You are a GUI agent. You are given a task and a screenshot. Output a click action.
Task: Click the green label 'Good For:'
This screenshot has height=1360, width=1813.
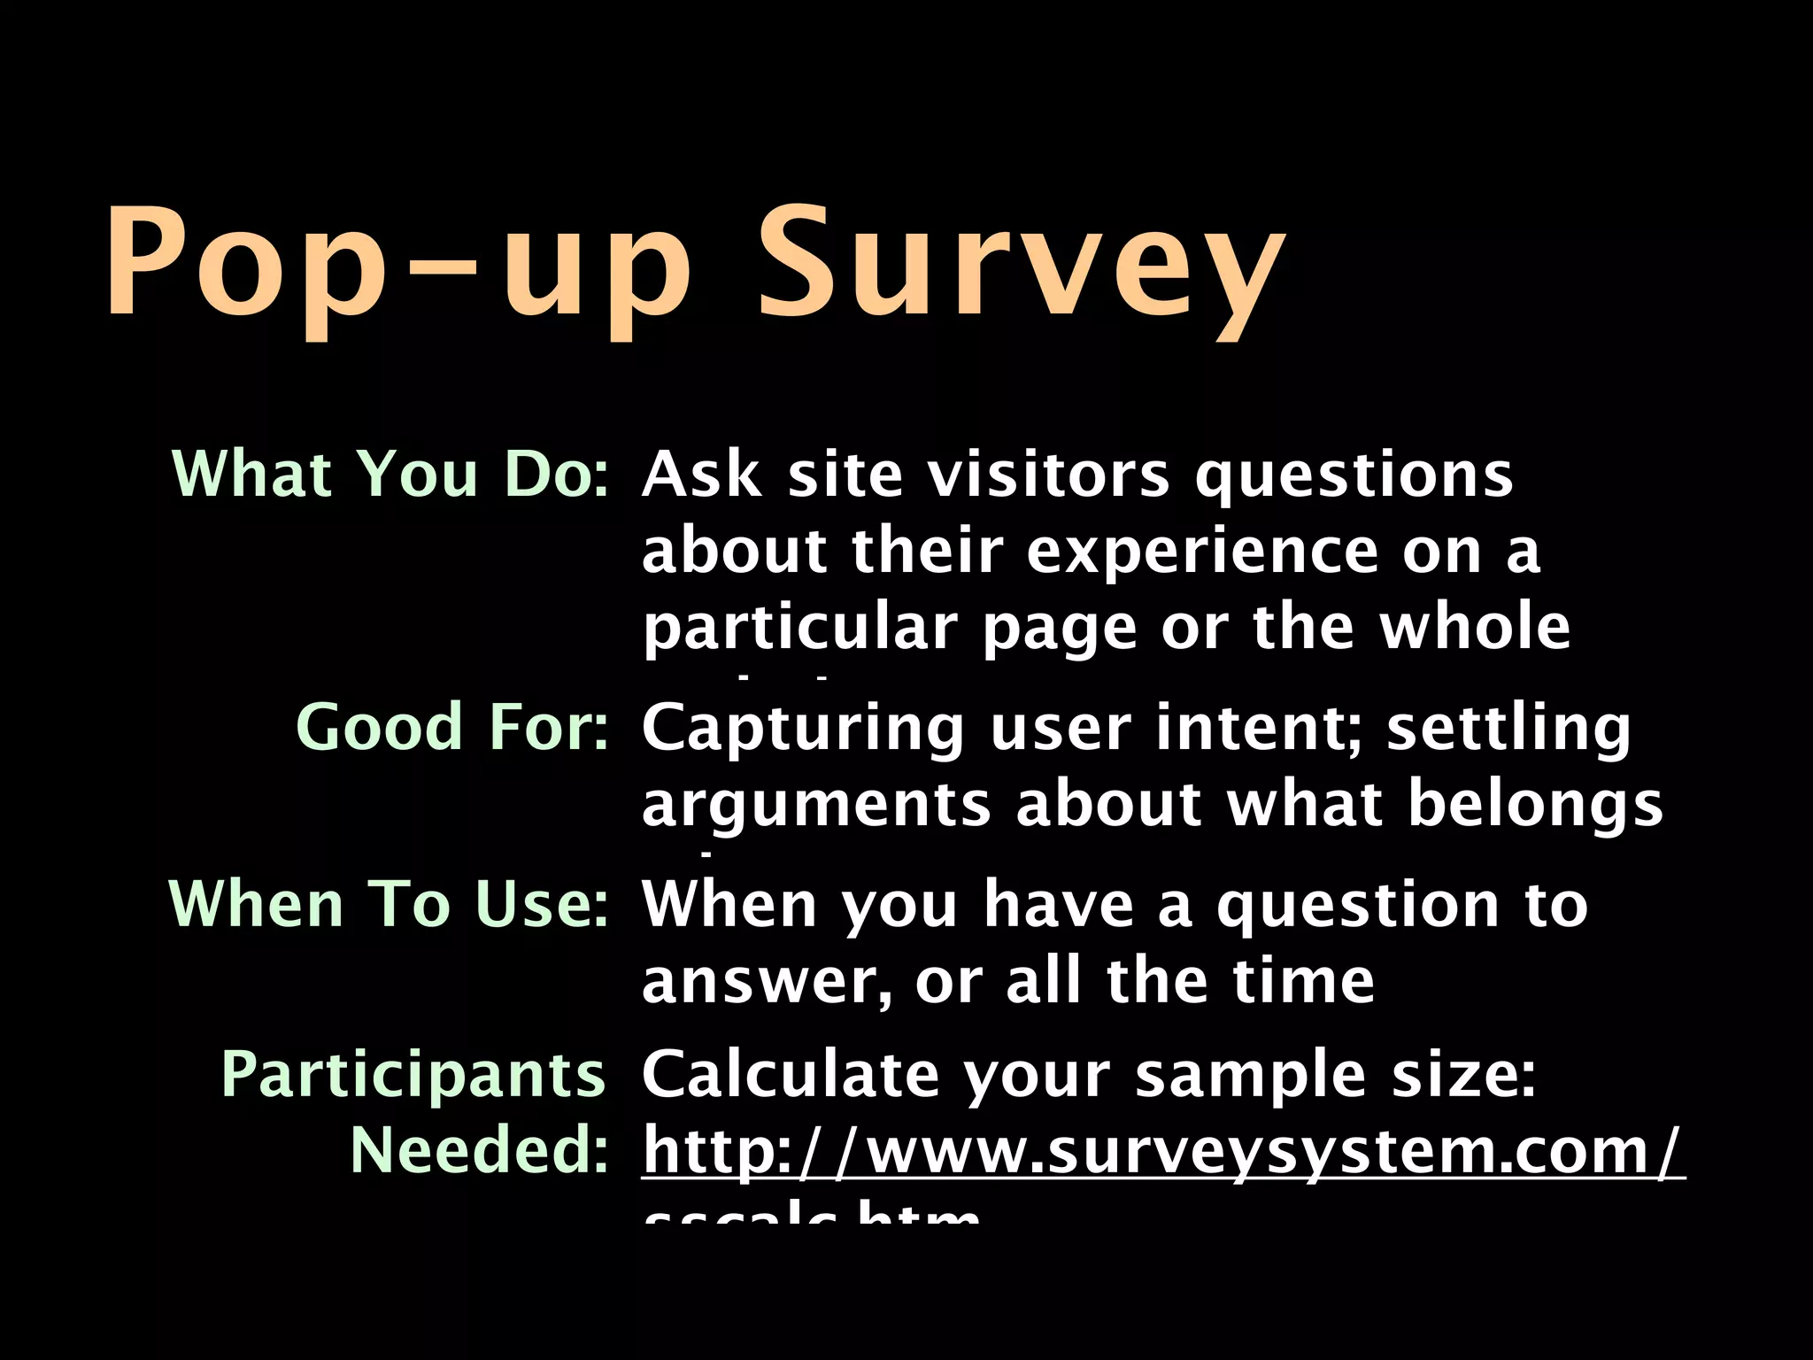[452, 727]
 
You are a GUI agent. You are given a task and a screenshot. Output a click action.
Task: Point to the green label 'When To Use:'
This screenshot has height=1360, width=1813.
[389, 904]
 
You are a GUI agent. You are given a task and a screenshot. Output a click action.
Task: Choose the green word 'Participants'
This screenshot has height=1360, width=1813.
[413, 1074]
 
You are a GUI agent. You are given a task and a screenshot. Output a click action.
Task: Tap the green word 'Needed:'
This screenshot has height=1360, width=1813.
[479, 1150]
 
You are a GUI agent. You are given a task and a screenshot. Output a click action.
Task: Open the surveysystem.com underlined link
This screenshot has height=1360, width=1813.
[1162, 1151]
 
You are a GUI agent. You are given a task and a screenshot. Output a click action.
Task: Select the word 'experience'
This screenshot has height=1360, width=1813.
[1202, 551]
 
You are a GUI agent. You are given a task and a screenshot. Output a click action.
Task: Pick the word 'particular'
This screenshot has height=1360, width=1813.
[800, 628]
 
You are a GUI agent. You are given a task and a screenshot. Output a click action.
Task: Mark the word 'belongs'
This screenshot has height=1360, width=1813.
[1535, 805]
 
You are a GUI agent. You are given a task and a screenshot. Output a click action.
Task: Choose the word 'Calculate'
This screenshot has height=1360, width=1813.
[790, 1074]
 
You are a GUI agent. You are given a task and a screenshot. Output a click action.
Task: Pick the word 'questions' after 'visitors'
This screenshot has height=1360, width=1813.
[1354, 475]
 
